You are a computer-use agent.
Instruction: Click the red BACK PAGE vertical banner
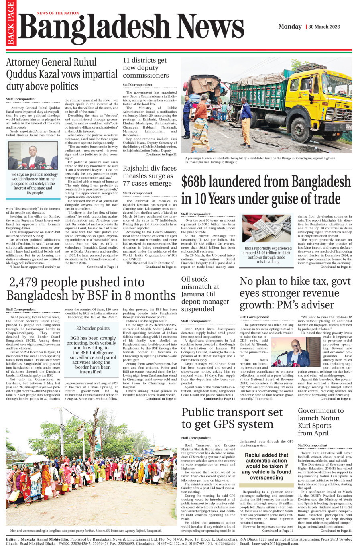(10, 23)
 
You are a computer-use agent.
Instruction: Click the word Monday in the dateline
(290, 27)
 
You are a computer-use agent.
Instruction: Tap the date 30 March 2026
(324, 27)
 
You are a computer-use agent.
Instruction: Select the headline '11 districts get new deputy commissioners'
(146, 67)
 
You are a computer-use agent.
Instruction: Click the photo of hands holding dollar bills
(266, 228)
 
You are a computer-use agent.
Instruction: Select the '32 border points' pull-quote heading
(93, 328)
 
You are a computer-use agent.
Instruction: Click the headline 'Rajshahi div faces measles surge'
(149, 176)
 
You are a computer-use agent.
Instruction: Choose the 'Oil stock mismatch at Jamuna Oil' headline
(205, 294)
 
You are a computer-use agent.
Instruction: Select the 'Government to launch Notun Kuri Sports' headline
(320, 422)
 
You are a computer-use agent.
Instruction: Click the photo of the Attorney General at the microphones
(33, 155)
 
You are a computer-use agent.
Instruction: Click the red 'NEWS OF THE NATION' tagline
(58, 13)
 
